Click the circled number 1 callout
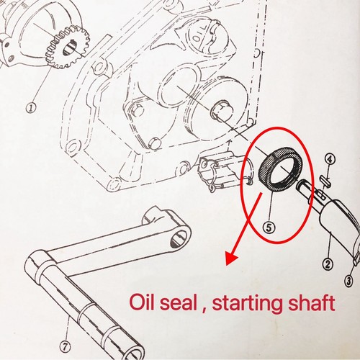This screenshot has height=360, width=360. click(x=31, y=108)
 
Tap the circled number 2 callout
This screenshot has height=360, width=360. click(x=328, y=264)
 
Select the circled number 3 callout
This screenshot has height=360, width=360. click(x=348, y=281)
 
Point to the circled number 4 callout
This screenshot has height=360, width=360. click(x=330, y=159)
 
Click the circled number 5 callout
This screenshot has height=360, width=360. click(x=269, y=228)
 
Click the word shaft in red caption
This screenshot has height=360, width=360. click(x=311, y=302)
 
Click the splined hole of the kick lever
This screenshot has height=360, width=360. click(x=179, y=238)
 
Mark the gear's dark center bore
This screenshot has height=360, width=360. click(x=68, y=48)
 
